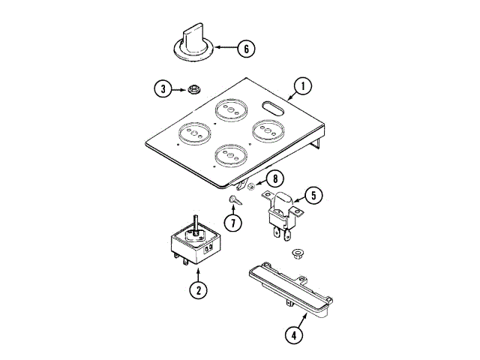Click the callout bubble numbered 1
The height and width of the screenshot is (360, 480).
302,86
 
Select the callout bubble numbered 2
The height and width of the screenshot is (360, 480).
197,291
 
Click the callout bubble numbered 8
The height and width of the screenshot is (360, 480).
275,179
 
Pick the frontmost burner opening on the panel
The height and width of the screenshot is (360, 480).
231,154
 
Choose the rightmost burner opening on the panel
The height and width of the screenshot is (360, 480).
267,130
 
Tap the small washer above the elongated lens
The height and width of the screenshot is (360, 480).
296,252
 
